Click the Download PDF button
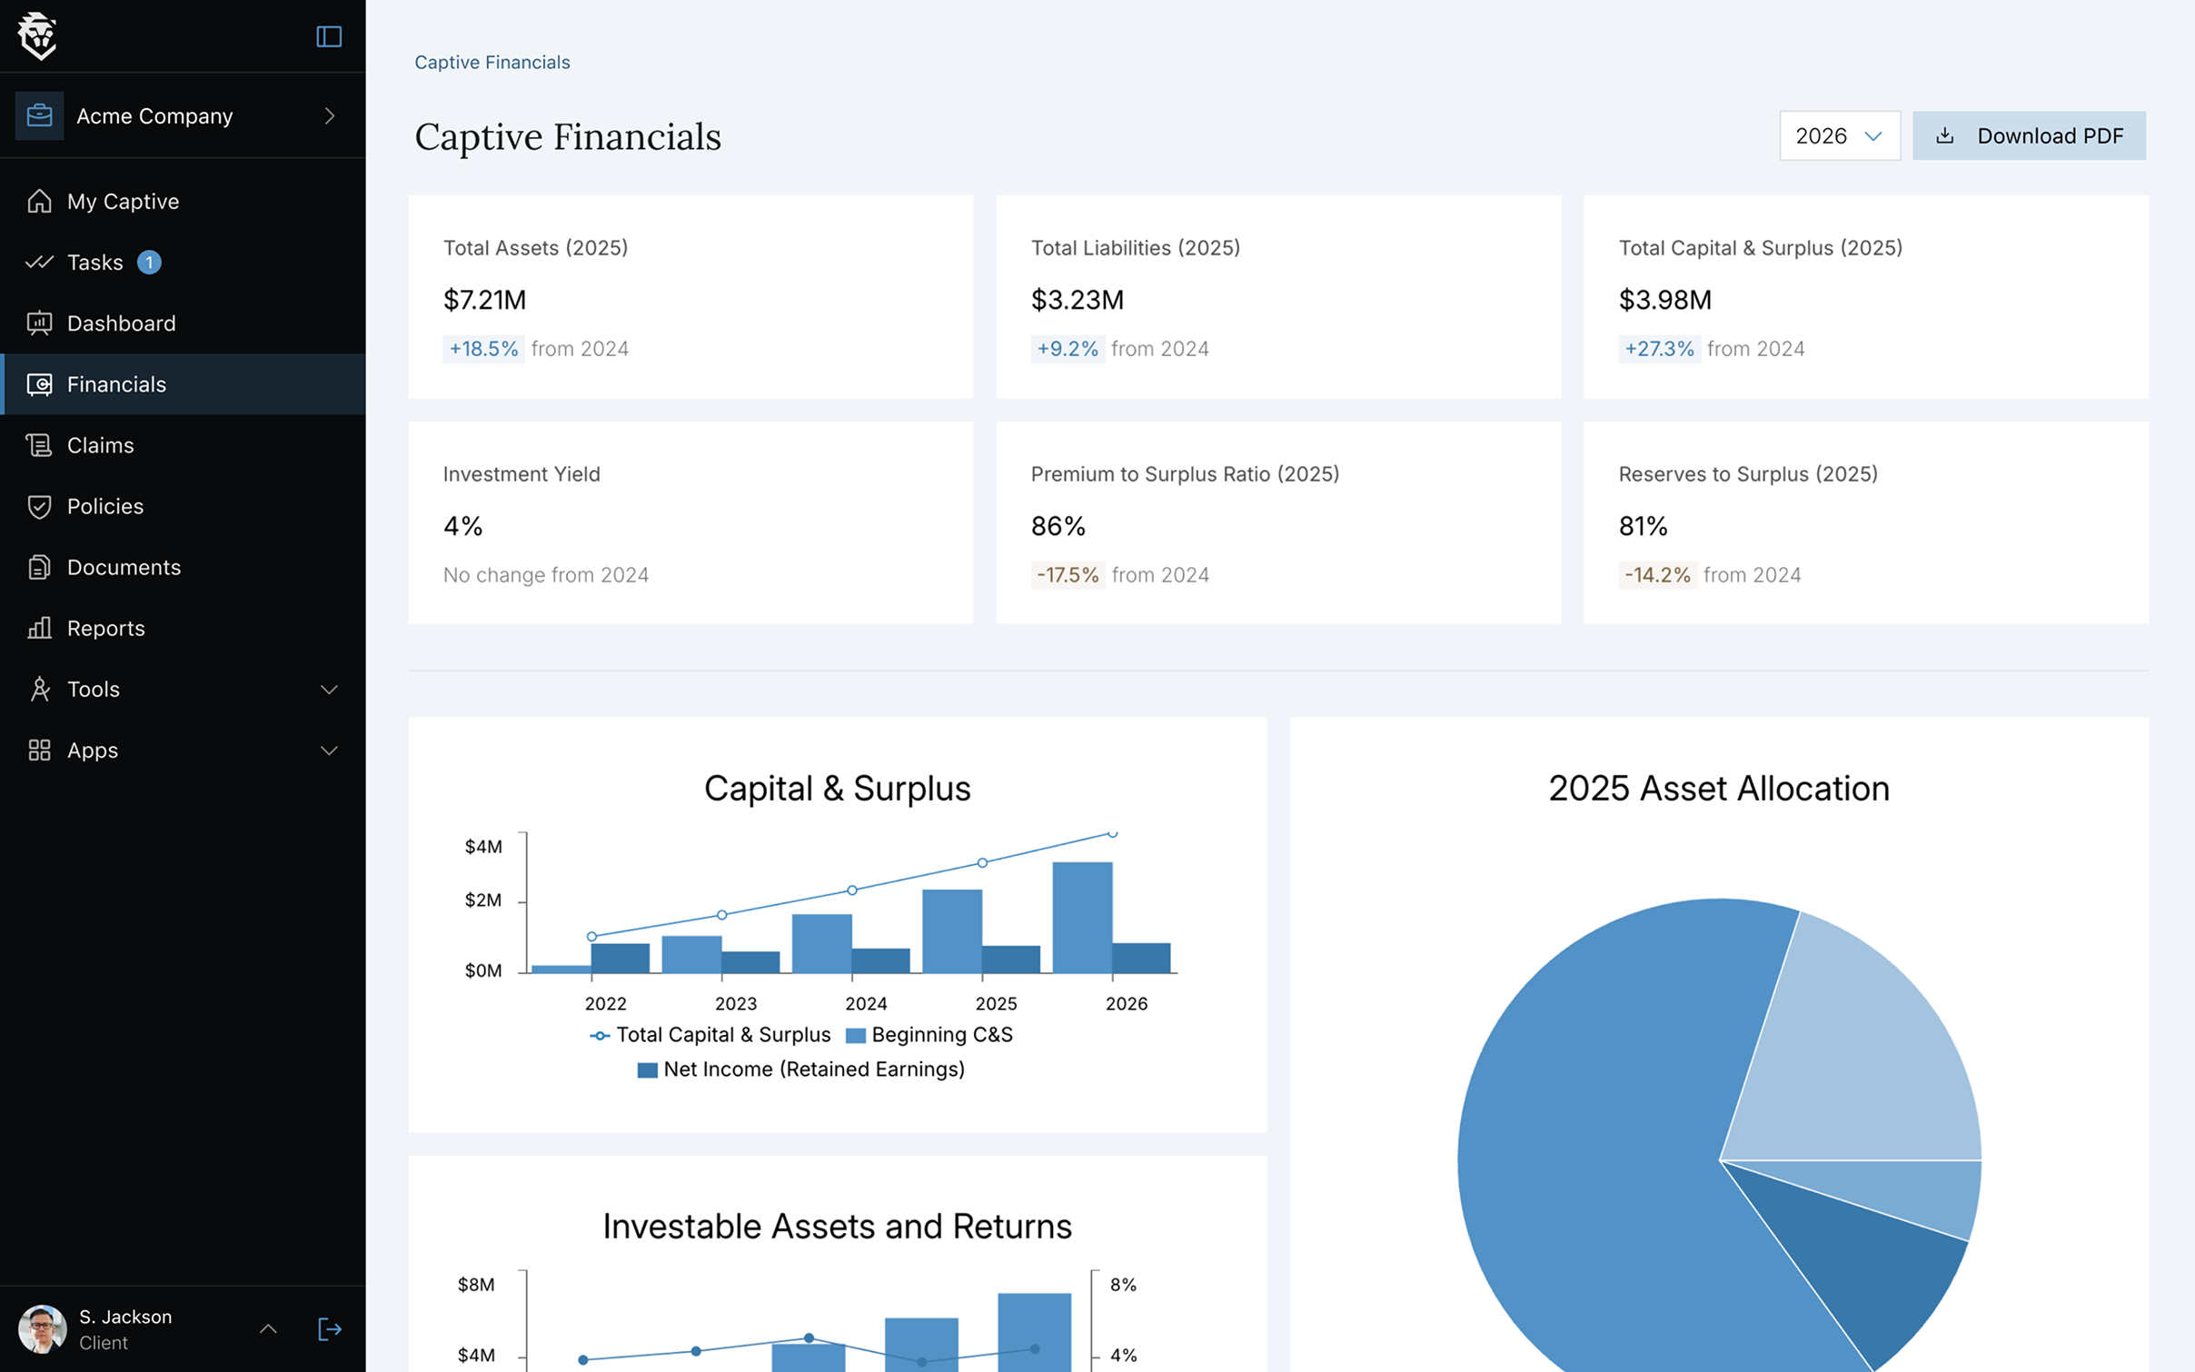(2028, 135)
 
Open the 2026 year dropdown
(1839, 135)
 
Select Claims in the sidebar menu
(100, 445)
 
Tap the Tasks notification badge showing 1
(149, 263)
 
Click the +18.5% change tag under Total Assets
(483, 349)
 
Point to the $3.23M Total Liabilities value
(1077, 300)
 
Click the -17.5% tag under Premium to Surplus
(1067, 575)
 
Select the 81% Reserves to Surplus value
(1643, 526)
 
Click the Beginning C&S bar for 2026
(1081, 918)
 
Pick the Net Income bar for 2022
(621, 958)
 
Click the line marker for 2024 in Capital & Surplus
(852, 890)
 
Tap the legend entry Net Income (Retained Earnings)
(801, 1069)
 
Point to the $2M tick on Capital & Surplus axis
(483, 900)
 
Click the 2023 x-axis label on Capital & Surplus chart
(735, 1003)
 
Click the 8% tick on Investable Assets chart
(1123, 1285)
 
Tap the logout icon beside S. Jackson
(329, 1329)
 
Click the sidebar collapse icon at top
(329, 36)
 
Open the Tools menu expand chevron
(329, 690)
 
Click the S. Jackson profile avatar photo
(42, 1329)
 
